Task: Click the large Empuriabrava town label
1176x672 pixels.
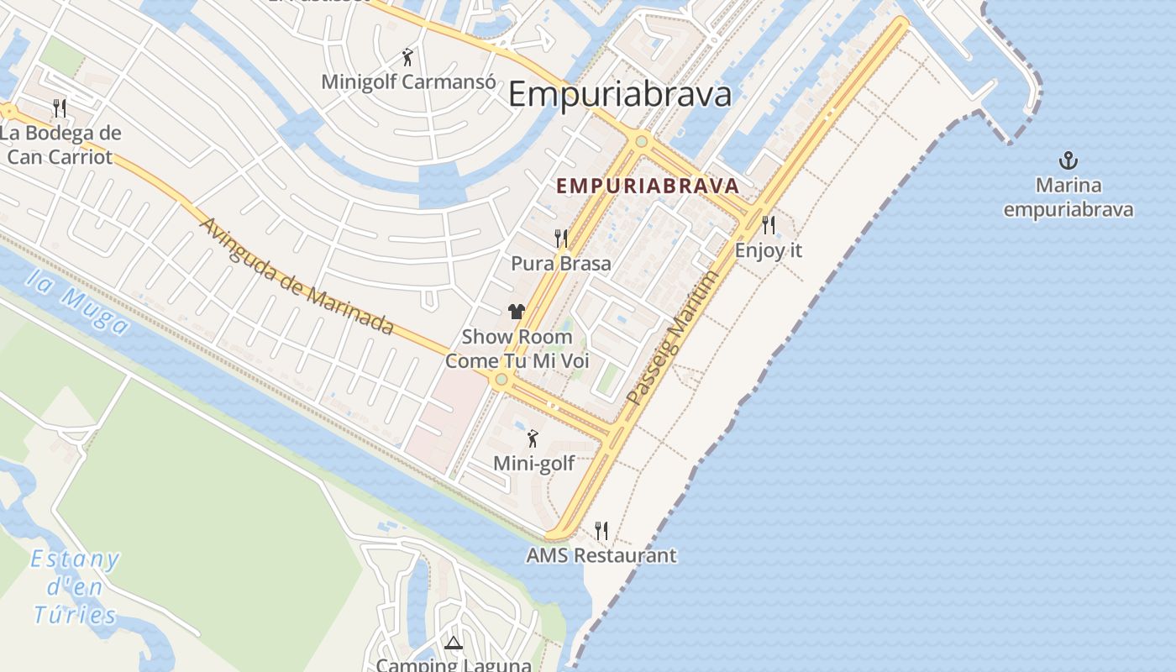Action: pos(620,94)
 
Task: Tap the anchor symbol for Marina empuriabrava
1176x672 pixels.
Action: pos(1068,160)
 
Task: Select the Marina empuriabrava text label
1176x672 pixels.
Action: pos(1068,197)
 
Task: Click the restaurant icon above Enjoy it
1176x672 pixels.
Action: pos(768,225)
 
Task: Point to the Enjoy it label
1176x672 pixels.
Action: pos(768,250)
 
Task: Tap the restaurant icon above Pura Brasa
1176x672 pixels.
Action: pos(560,239)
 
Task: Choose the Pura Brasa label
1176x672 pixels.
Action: pos(560,263)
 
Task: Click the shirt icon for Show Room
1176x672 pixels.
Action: pos(517,312)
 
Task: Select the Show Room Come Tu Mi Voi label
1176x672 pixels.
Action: pos(517,349)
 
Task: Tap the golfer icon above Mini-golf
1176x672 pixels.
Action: pos(533,438)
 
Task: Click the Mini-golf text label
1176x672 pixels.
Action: pos(533,463)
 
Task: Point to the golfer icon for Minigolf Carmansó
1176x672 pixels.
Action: pos(407,57)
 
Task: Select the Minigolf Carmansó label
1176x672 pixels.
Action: pos(407,81)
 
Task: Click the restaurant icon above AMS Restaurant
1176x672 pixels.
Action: pos(601,531)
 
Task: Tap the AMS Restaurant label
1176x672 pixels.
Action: pos(601,555)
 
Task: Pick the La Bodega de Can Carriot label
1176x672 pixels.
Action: pos(60,144)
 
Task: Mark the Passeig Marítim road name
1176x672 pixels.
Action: pos(674,338)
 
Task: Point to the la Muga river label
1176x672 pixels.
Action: pos(78,302)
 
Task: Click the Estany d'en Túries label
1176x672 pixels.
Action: pos(76,587)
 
